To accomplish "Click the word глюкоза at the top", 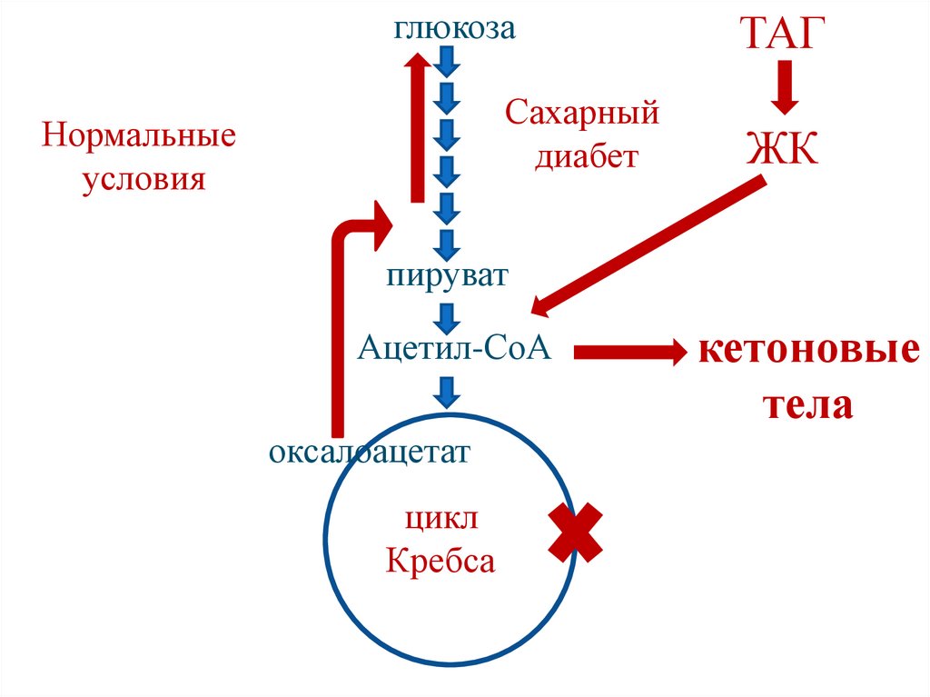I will [455, 28].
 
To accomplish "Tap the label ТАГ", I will [786, 34].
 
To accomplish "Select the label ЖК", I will [783, 147].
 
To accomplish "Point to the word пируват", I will [446, 274].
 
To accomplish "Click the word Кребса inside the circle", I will [440, 562].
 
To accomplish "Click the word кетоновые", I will [808, 350].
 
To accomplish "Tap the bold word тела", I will [807, 404].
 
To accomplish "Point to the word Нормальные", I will [139, 138].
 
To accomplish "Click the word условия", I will [144, 179].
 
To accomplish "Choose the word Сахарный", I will [582, 115].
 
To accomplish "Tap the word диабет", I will [586, 156].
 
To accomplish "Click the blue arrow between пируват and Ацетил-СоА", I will [446, 316].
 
